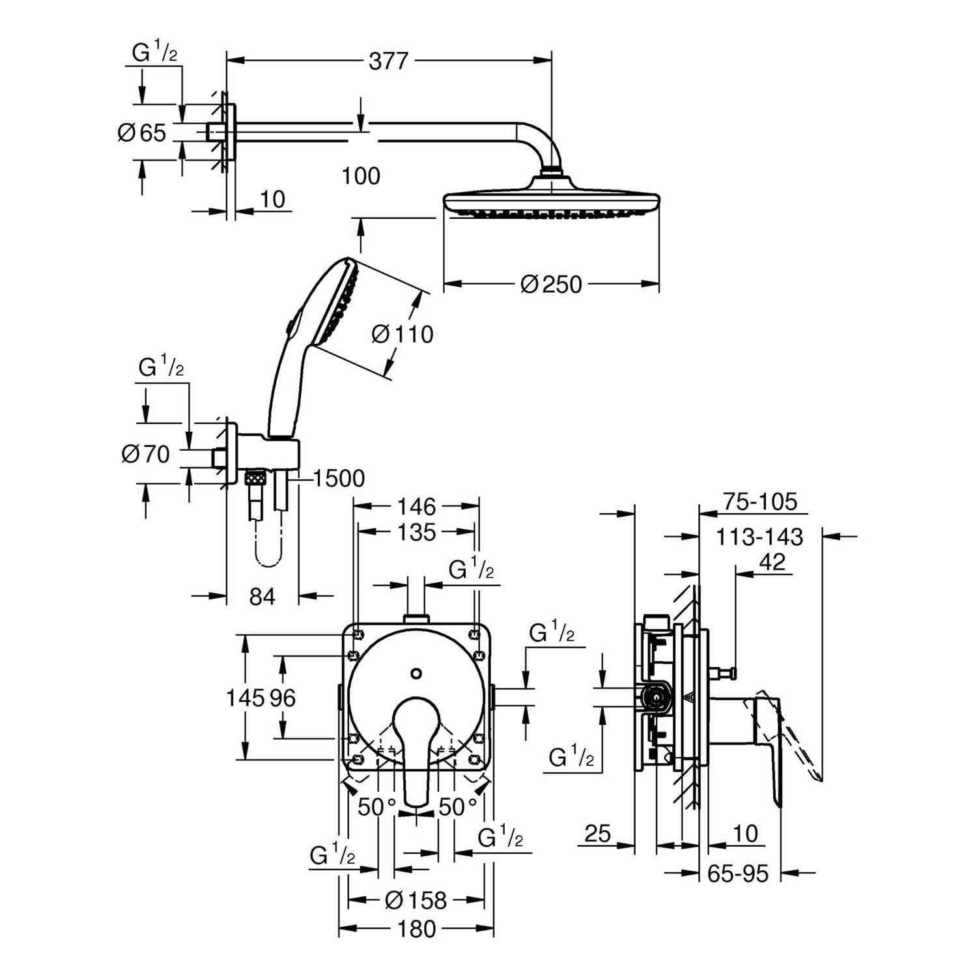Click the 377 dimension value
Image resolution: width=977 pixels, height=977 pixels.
pos(388,61)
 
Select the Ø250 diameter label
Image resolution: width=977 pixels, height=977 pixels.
pos(551,284)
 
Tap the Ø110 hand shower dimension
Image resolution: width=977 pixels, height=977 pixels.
pos(402,334)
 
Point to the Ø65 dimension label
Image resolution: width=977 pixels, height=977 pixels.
pos(142,133)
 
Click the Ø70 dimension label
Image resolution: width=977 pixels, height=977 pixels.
pos(146,453)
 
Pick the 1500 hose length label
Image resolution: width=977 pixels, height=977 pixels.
pos(339,479)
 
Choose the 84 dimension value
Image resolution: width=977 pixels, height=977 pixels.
pos(262,596)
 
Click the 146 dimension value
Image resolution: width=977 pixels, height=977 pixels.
pos(416,506)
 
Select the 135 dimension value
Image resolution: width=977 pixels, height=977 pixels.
pos(416,532)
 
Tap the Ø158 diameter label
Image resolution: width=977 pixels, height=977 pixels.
pos(416,900)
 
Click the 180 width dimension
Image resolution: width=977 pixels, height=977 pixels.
pos(416,929)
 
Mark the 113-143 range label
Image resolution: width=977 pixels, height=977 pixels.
pos(759,537)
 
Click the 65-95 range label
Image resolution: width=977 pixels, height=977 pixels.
pos(738,873)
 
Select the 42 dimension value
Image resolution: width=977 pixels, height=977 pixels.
pos(772,561)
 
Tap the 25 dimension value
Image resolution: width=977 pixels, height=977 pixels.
pos(597,833)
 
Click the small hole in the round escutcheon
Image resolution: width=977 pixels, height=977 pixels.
pos(417,673)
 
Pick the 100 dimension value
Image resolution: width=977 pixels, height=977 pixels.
pos(361,176)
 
